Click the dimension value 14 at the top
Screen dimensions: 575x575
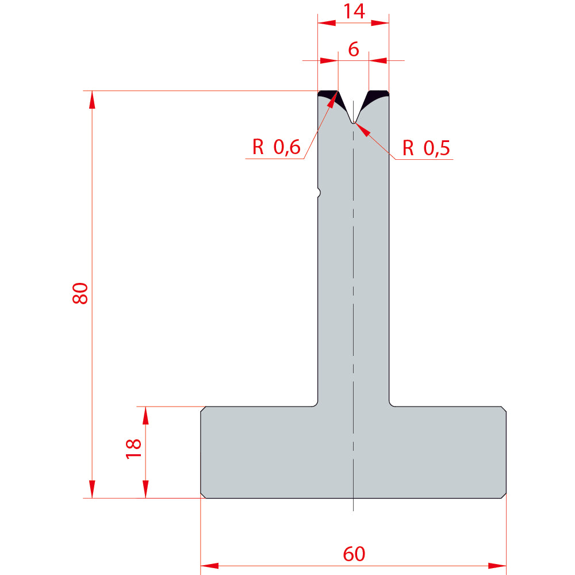coord(354,11)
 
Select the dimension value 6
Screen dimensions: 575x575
coord(354,49)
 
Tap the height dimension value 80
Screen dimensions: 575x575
coord(80,293)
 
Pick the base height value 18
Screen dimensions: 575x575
coord(133,448)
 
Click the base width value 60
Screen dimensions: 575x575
coord(354,554)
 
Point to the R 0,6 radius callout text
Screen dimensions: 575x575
coord(276,147)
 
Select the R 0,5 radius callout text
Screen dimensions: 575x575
coord(426,148)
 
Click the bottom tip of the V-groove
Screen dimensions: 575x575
coord(353,123)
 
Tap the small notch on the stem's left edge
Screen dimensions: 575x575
coord(319,192)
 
